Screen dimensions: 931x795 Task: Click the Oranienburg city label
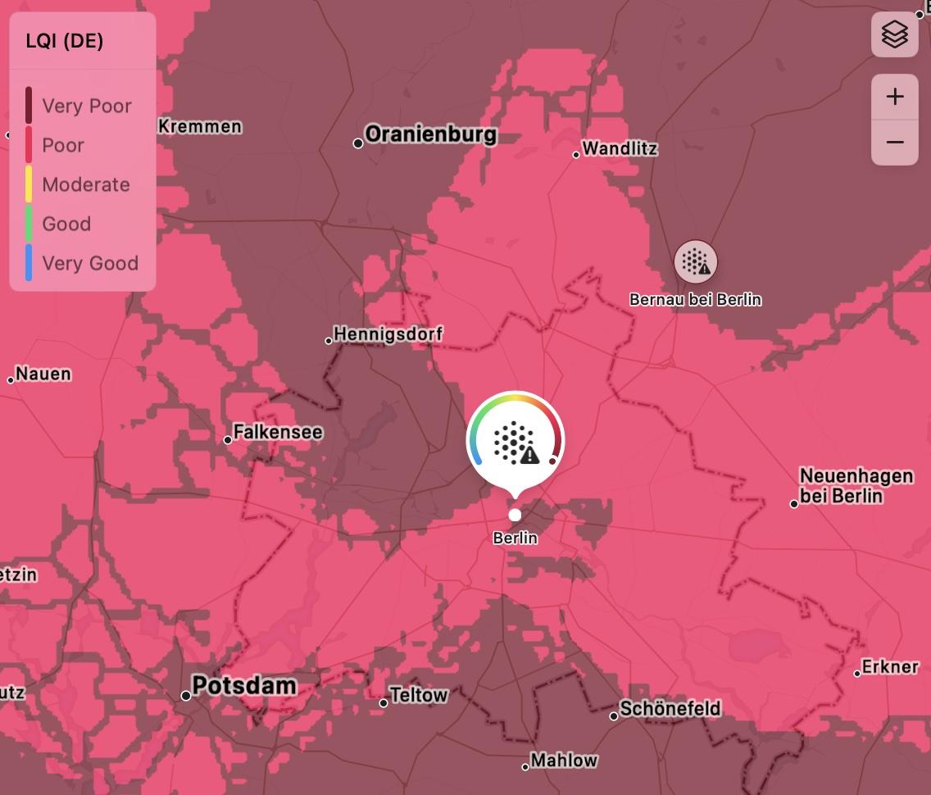pos(430,135)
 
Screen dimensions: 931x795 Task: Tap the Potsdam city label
pos(243,686)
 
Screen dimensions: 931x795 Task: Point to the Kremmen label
pos(200,126)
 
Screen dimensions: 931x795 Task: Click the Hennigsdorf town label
pos(388,334)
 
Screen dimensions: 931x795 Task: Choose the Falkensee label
pos(277,432)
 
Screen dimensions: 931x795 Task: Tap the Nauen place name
pos(43,375)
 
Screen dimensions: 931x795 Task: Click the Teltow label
pos(419,696)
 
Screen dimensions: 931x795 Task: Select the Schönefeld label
pos(670,709)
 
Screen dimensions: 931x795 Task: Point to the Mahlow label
pos(564,761)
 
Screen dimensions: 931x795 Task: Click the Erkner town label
pos(890,667)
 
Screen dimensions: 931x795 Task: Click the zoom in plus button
pos(895,97)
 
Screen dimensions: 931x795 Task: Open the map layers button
pos(895,35)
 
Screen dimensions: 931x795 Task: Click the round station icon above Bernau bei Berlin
pos(696,262)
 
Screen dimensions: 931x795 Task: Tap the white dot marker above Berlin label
pos(515,515)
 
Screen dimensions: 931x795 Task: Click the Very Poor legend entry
pos(86,106)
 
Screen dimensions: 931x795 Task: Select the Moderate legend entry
pos(85,184)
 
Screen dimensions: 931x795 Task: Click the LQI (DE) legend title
pos(65,41)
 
